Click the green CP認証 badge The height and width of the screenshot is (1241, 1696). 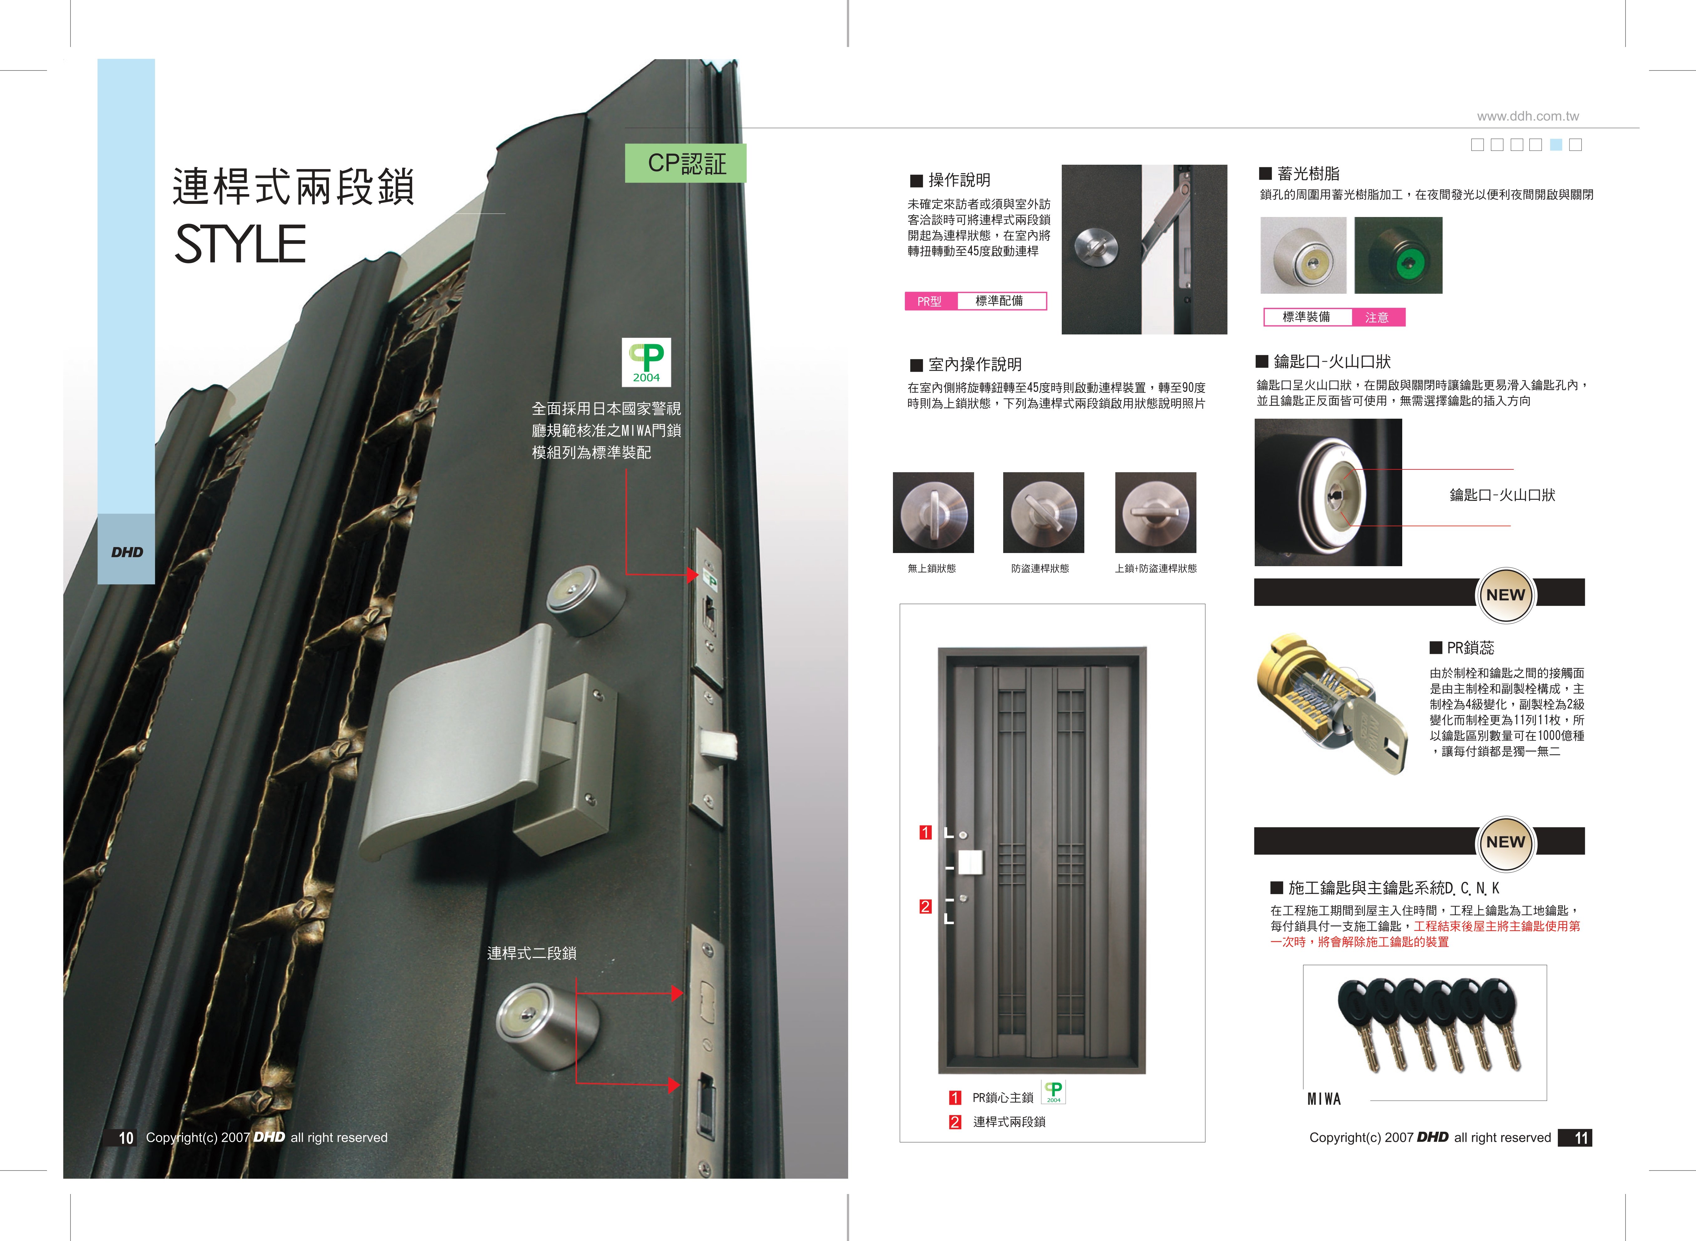point(685,163)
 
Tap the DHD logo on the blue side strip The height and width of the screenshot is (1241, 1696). point(127,552)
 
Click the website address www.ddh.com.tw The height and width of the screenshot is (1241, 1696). point(1528,116)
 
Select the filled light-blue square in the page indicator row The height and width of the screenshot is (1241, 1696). point(1555,145)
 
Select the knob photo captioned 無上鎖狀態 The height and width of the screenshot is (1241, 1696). point(933,512)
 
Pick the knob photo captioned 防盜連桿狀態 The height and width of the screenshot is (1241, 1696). point(1044,512)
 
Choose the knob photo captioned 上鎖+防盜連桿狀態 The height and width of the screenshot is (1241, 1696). point(1156,512)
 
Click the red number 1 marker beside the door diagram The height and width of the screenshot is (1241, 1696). point(925,832)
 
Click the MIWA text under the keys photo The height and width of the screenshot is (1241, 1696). point(1324,1099)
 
